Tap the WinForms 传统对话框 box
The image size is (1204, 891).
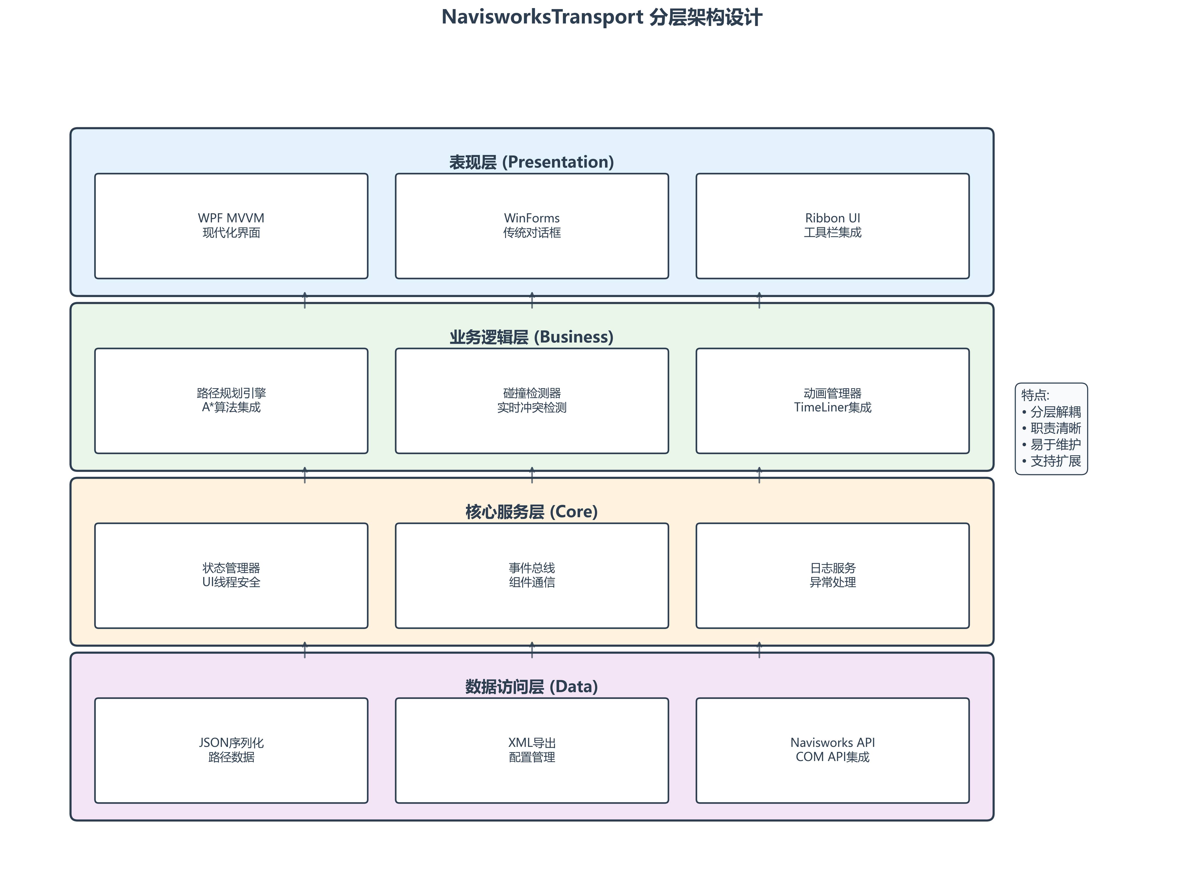[x=532, y=226]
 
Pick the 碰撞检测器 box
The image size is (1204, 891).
[x=532, y=401]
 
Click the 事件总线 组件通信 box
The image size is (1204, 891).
[x=532, y=575]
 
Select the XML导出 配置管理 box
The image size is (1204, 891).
[x=532, y=750]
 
